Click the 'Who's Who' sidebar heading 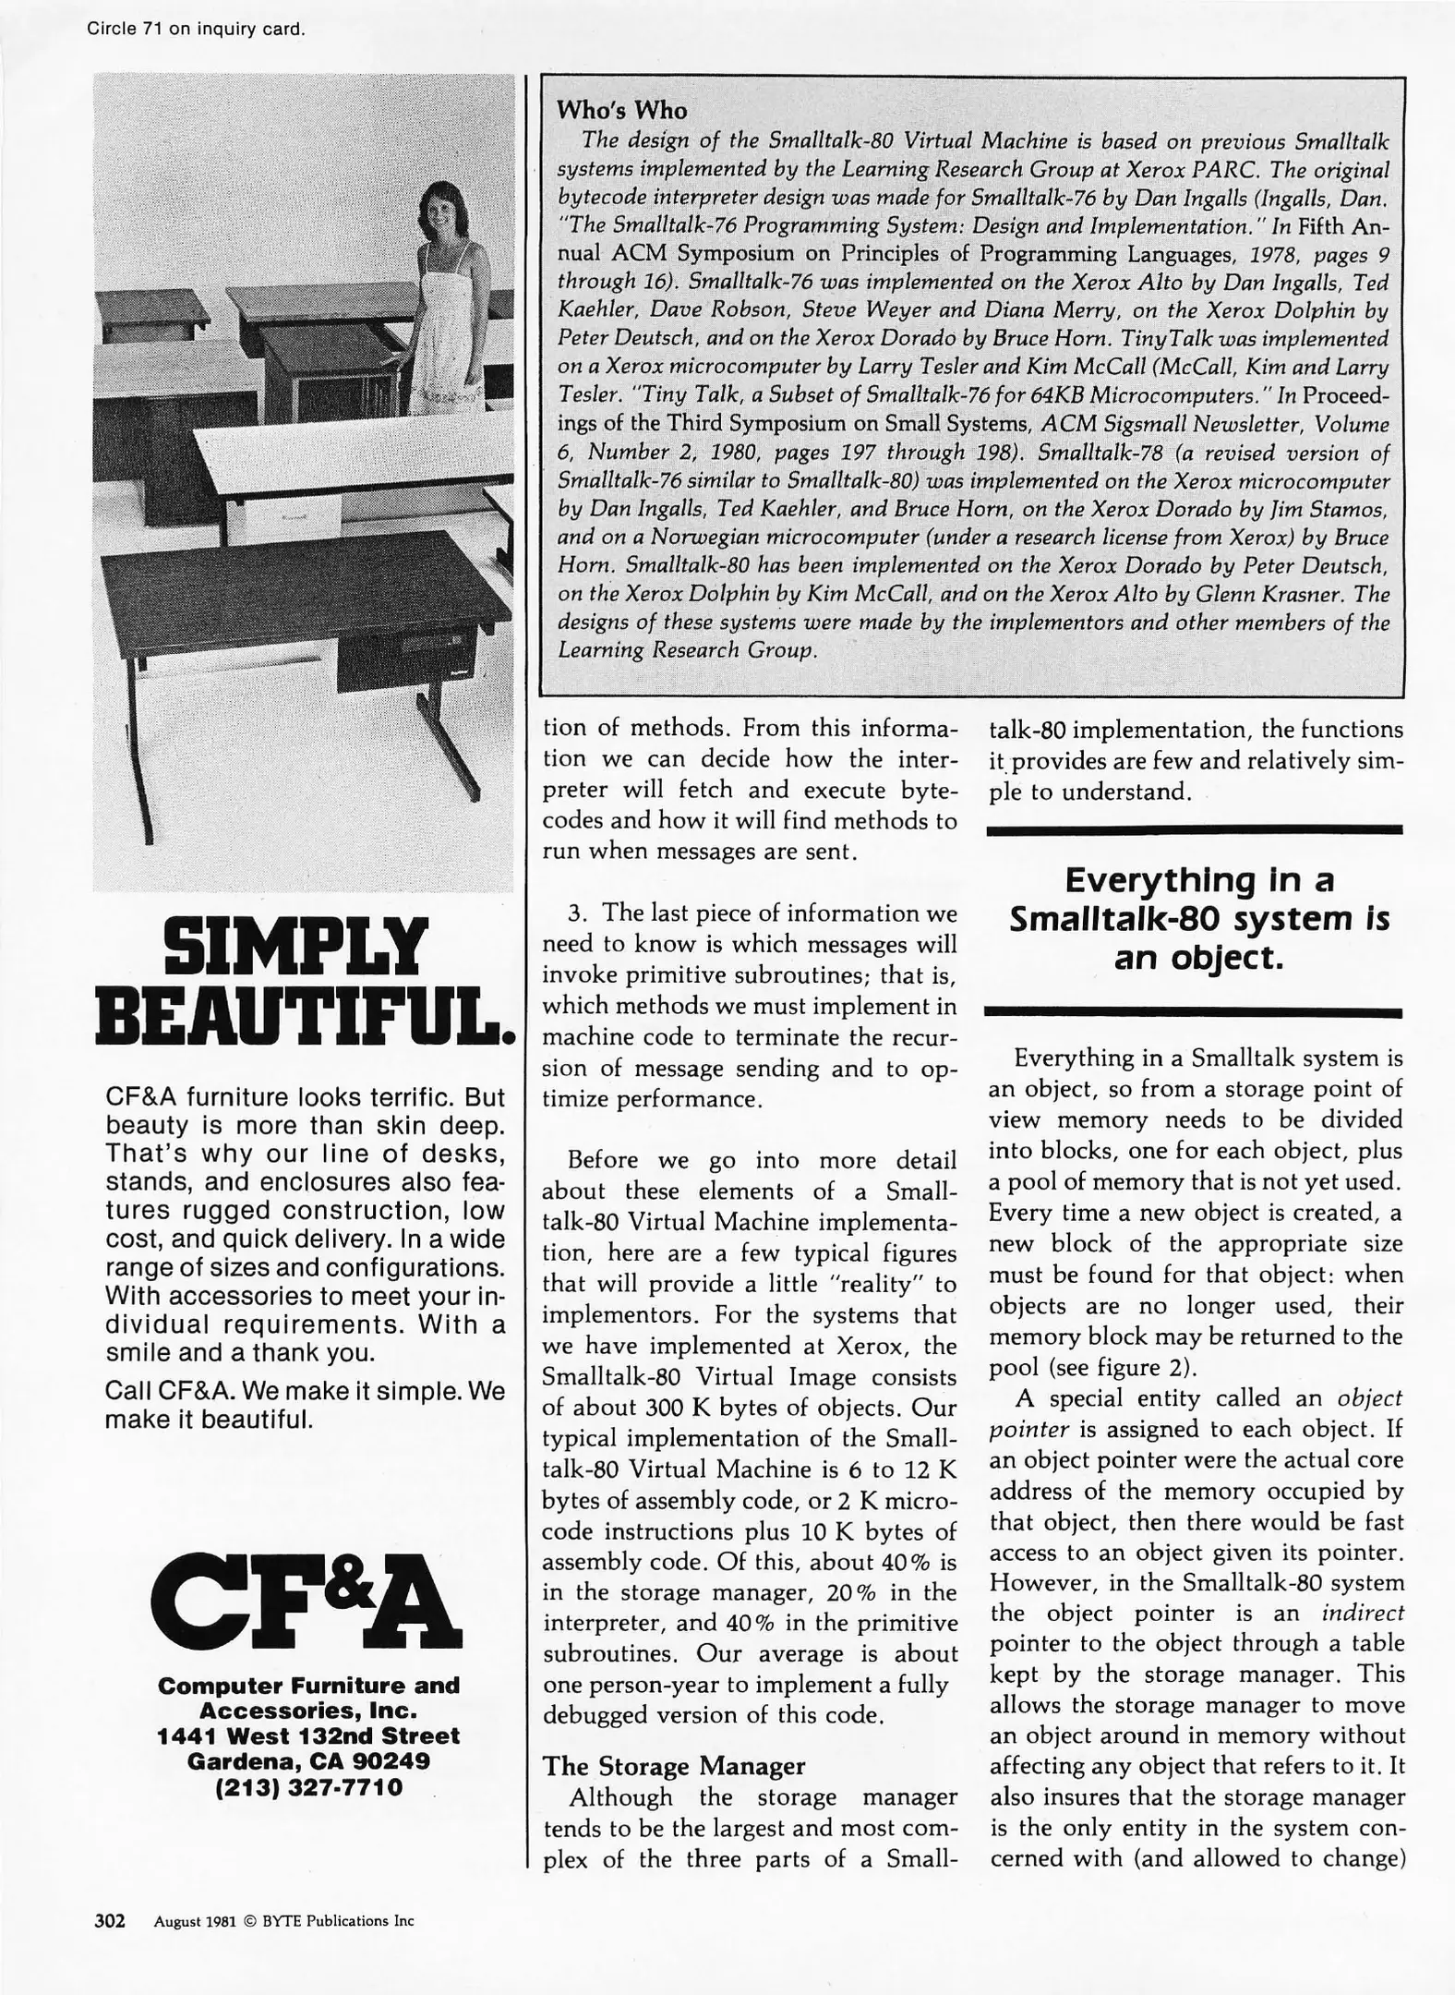point(621,111)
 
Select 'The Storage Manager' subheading point(673,1766)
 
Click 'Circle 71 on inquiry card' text point(196,29)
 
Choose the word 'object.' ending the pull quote point(1198,959)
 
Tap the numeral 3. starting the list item point(578,913)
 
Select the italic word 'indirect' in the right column point(1362,1614)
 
